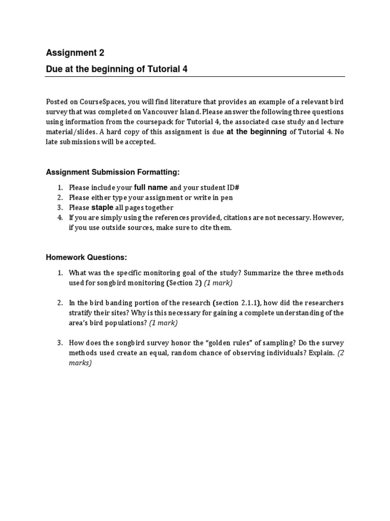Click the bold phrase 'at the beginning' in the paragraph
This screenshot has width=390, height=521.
tap(256, 132)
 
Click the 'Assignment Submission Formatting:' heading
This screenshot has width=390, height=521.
tap(113, 172)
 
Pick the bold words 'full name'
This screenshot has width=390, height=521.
tap(150, 187)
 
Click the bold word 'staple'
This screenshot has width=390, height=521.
tap(102, 208)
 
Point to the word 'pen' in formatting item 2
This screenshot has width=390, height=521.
tap(227, 197)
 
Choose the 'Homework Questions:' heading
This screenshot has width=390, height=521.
tap(86, 257)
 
